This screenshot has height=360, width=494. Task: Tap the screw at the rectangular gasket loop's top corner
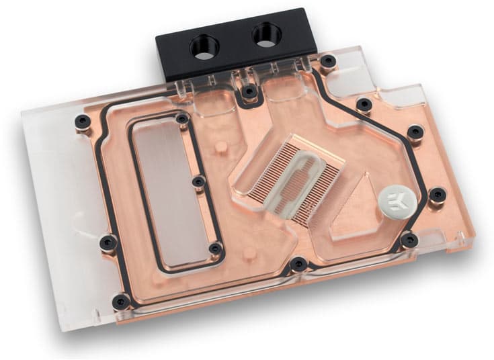point(181,120)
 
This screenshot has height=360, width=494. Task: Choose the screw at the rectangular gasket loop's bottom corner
point(215,249)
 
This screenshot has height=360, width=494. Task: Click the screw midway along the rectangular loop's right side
point(198,182)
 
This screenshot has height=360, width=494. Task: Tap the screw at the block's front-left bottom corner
point(121,300)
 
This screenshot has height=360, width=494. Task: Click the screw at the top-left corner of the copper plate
point(83,122)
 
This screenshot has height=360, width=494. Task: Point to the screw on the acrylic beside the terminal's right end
point(327,62)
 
